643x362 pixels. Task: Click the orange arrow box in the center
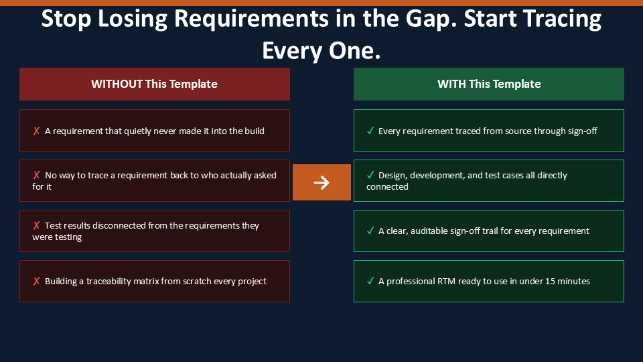[x=321, y=182]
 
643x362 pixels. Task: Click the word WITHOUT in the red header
[x=117, y=84]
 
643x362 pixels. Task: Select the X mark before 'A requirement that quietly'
[x=36, y=131]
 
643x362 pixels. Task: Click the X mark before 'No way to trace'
[x=36, y=175]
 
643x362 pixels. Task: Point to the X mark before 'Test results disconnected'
[x=36, y=225]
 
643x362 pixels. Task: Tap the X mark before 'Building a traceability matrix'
[x=36, y=281]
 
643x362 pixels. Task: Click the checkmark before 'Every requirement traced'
[x=370, y=131]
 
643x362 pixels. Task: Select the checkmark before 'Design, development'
[x=370, y=175]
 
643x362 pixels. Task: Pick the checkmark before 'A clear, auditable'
[x=370, y=231]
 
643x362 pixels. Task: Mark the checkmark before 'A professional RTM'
[x=370, y=281]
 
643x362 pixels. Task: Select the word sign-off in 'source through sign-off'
[x=582, y=131]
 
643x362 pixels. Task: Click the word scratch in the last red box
[x=197, y=281]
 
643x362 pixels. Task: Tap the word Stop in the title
[x=66, y=19]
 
